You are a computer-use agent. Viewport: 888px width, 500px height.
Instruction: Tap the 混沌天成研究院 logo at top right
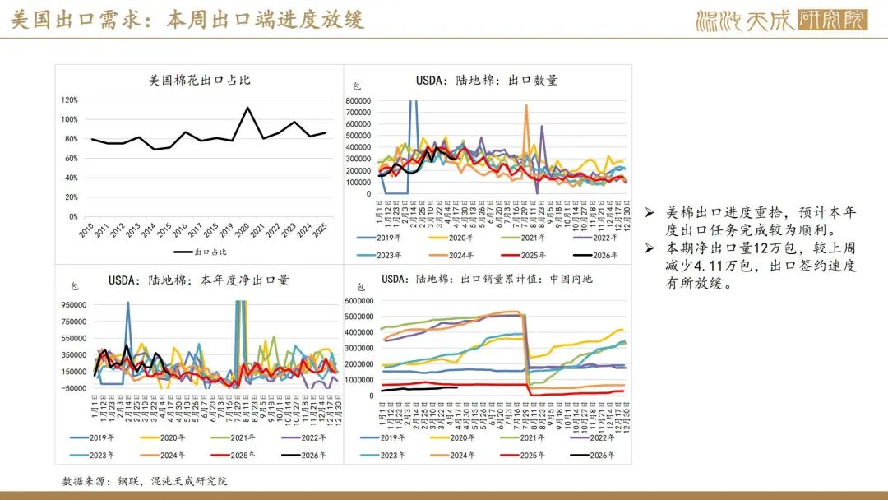coord(780,20)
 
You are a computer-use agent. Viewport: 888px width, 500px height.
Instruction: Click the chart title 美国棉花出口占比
coord(200,81)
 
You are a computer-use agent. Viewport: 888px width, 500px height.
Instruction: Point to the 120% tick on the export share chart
coord(69,100)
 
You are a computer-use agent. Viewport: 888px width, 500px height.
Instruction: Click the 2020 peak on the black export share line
coord(247,108)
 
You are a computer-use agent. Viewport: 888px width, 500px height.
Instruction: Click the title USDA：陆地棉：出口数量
coord(487,81)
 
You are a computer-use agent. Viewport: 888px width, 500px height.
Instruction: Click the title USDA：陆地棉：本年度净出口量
coord(199,280)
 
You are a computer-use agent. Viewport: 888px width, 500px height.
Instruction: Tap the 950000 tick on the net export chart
coord(74,304)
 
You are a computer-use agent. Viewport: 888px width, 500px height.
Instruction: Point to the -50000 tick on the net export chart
coord(74,388)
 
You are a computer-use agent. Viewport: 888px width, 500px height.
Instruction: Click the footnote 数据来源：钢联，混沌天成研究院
coord(145,480)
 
